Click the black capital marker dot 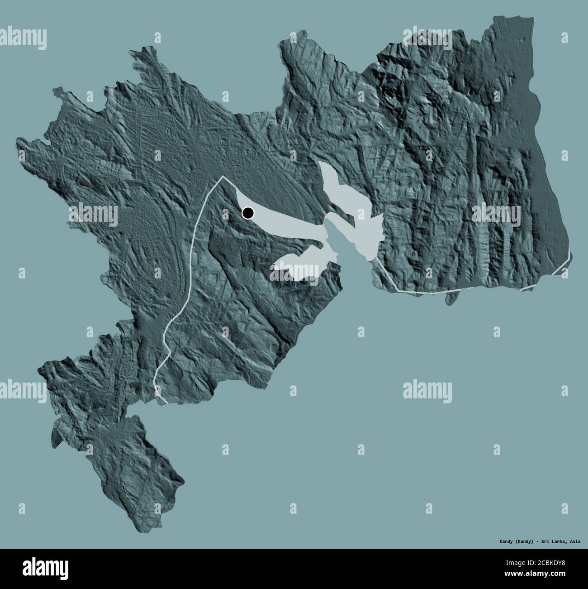[248, 212]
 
